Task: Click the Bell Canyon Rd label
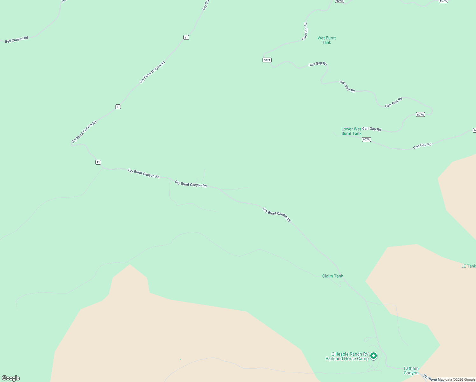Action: tap(17, 39)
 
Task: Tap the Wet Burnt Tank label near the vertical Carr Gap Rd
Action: tap(326, 40)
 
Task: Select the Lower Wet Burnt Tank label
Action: tap(351, 131)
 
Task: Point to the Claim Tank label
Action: tap(332, 276)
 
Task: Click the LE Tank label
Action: tap(468, 266)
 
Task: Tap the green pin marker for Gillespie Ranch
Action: tap(374, 356)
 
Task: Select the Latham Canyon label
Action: tap(411, 371)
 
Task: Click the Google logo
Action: tap(11, 378)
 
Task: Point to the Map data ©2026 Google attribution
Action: tap(456, 379)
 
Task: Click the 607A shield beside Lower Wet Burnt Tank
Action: tap(366, 139)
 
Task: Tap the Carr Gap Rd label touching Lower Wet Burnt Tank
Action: tap(371, 129)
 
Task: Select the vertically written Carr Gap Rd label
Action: tap(305, 31)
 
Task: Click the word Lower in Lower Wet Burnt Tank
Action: tap(347, 129)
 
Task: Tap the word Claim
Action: tap(327, 276)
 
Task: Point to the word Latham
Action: tap(411, 368)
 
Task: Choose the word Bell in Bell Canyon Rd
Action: tap(8, 41)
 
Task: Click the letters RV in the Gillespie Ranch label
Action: tap(365, 354)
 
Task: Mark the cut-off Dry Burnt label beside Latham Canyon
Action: tap(430, 378)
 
